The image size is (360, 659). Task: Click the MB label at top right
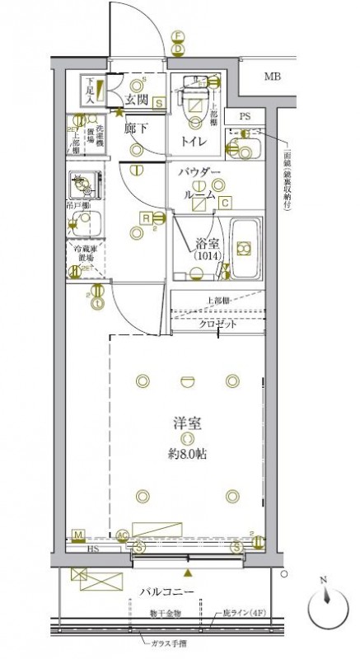271,77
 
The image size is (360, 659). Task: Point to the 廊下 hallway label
137,129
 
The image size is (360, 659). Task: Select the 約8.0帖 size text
187,453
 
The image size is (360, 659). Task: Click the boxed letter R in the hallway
145,218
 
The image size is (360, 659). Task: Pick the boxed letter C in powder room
224,201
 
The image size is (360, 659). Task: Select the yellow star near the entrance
119,112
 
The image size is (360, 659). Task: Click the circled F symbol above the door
176,36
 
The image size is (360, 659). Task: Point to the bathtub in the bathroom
245,248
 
